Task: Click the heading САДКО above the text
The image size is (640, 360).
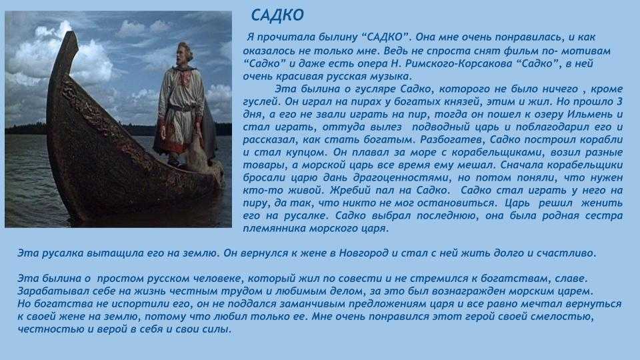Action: tap(277, 15)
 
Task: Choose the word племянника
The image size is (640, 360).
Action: tap(274, 229)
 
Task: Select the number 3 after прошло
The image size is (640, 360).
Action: tap(619, 101)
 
